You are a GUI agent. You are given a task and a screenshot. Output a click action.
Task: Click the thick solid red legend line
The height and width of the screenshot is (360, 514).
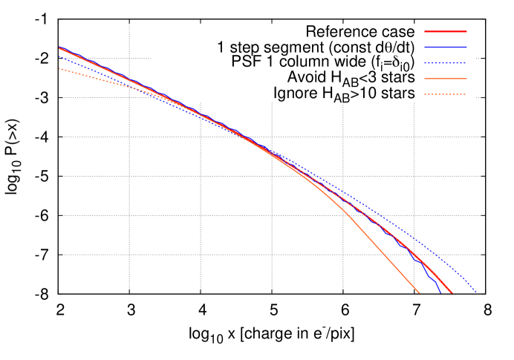446,31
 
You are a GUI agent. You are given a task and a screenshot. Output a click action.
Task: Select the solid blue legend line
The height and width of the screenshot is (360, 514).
446,47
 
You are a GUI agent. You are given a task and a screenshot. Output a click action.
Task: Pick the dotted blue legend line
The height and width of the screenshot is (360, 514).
446,63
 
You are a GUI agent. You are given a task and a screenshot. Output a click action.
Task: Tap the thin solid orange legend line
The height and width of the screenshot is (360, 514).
446,79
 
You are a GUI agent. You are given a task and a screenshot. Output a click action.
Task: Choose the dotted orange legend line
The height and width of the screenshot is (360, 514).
446,94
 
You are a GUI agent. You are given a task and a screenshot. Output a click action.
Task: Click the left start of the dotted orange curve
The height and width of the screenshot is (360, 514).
59,69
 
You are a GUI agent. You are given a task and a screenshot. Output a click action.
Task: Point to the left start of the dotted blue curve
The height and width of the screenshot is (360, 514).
59,56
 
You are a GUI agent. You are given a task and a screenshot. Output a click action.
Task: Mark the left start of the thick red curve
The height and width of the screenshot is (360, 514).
59,48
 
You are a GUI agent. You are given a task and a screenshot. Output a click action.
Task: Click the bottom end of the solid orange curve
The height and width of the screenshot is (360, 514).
419,292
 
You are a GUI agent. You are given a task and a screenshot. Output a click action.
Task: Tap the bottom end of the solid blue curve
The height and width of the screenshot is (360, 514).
440,292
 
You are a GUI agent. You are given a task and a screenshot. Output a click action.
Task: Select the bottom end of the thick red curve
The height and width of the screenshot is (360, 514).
451,292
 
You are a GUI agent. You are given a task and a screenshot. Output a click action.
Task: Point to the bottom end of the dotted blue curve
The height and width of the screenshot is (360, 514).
475,292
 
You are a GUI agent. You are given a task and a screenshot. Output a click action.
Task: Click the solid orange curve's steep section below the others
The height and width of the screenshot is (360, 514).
379,248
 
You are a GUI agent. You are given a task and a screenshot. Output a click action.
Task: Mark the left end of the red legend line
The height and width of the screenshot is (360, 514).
425,31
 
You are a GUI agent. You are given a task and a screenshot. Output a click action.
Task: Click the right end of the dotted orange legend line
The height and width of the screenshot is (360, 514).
466,94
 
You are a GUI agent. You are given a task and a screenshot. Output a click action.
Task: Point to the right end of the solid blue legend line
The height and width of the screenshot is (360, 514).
466,47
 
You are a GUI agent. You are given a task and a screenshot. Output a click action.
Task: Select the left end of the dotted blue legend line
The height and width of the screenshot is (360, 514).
425,63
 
